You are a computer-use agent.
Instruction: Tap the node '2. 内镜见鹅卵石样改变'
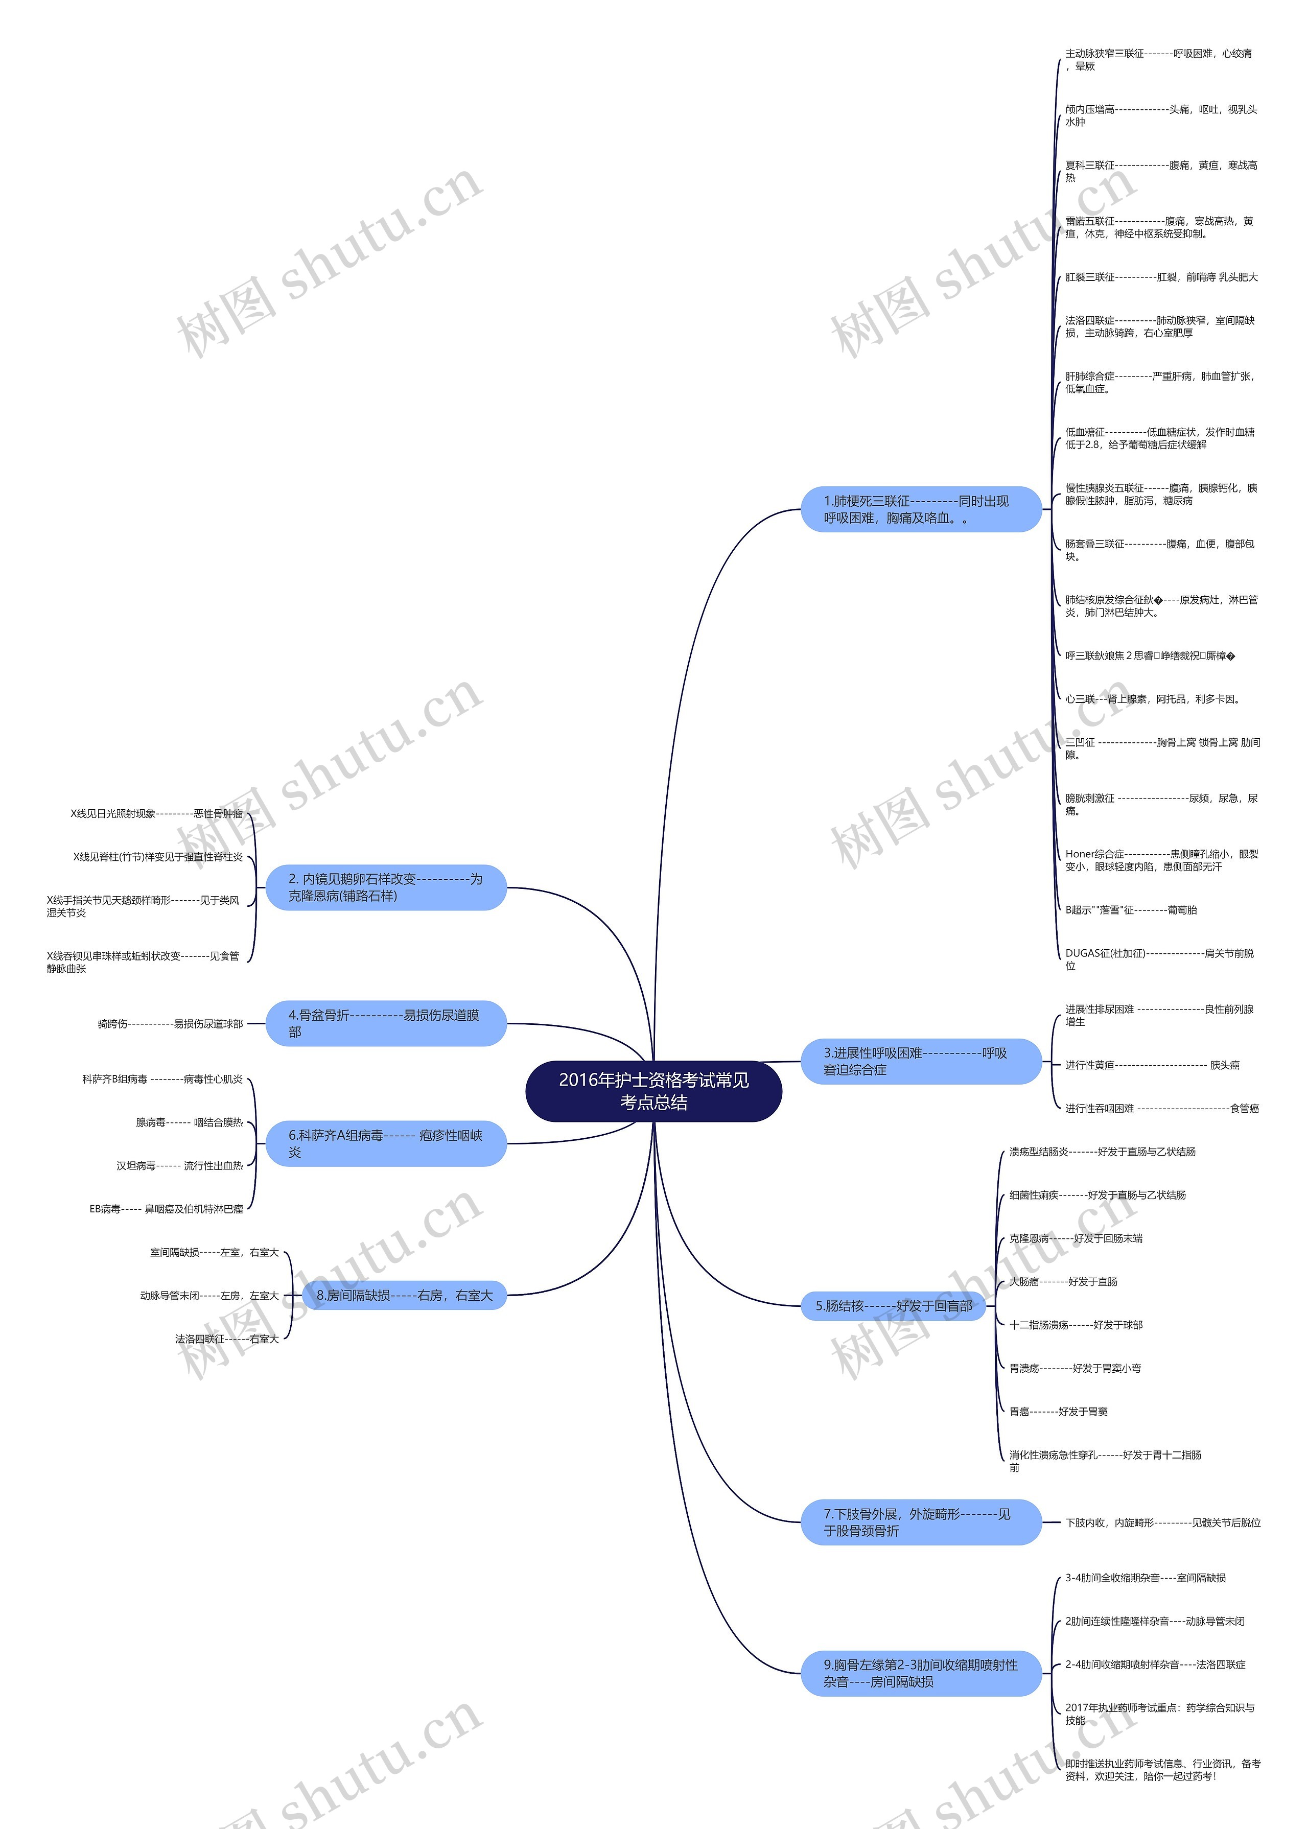click(x=386, y=887)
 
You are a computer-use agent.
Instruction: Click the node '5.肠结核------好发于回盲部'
click(x=893, y=1305)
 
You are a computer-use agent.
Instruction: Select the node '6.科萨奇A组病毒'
click(x=386, y=1143)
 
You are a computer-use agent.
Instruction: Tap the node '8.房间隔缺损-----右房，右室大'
click(x=404, y=1295)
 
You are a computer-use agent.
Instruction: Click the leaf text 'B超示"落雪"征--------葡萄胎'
click(x=1131, y=910)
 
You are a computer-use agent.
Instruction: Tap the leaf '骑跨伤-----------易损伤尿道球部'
click(x=170, y=1024)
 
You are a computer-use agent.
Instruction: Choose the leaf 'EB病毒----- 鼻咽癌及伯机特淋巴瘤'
click(x=166, y=1209)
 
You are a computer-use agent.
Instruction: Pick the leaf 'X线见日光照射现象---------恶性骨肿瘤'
click(x=156, y=813)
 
